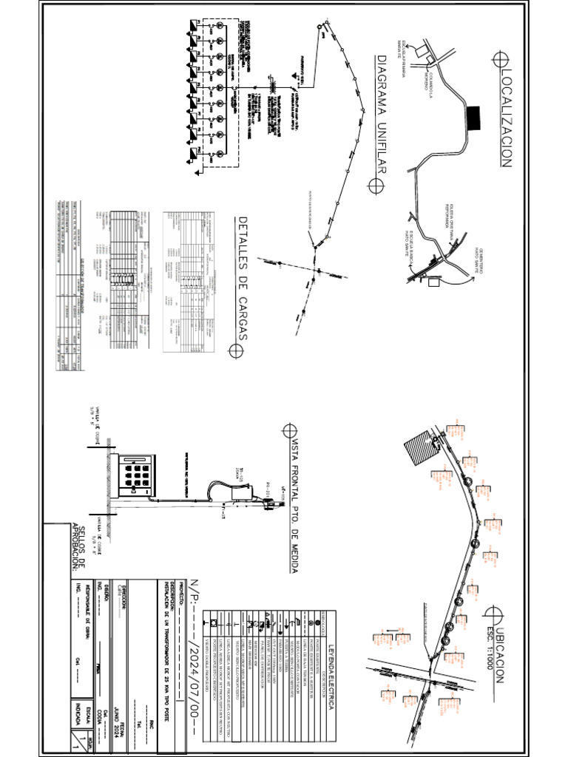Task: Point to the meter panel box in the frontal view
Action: pyautogui.click(x=139, y=473)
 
